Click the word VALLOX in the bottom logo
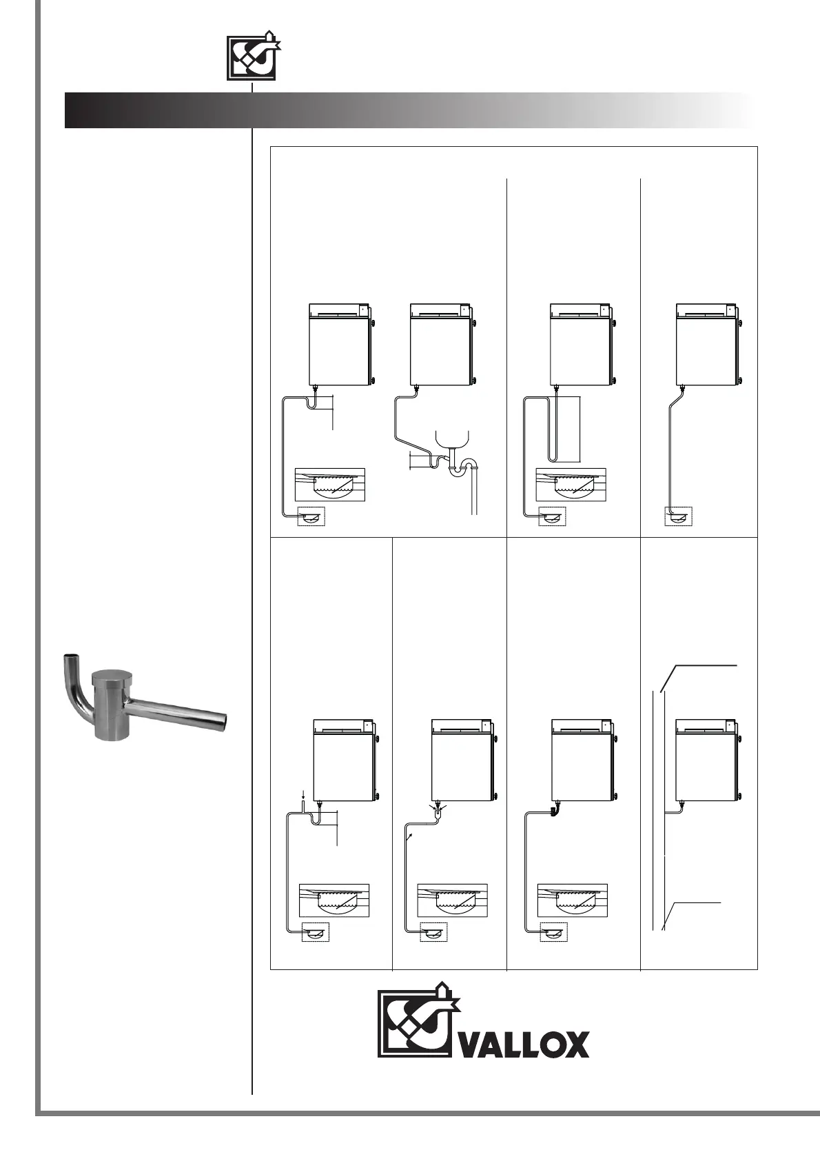click(524, 1044)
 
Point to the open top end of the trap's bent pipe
click(70, 656)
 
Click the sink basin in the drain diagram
click(452, 438)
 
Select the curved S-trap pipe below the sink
click(462, 469)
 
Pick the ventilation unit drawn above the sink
click(442, 344)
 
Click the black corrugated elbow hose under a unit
click(555, 810)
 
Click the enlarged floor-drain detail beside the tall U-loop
click(571, 485)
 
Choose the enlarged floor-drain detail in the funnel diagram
click(452, 900)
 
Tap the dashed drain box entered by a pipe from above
click(678, 516)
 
